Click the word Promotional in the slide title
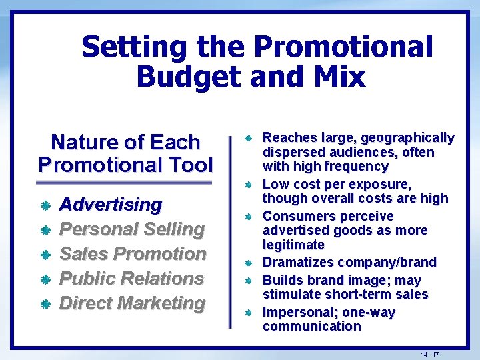coord(343,47)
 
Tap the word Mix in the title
coord(339,76)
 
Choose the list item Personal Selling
coord(132,229)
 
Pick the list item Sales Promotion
coord(133,253)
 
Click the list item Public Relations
coord(132,278)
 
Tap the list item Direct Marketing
coord(133,303)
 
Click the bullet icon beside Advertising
coord(45,205)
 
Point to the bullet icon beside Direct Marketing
coord(45,304)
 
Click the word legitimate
coord(293,245)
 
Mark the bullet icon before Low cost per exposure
coord(247,184)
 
